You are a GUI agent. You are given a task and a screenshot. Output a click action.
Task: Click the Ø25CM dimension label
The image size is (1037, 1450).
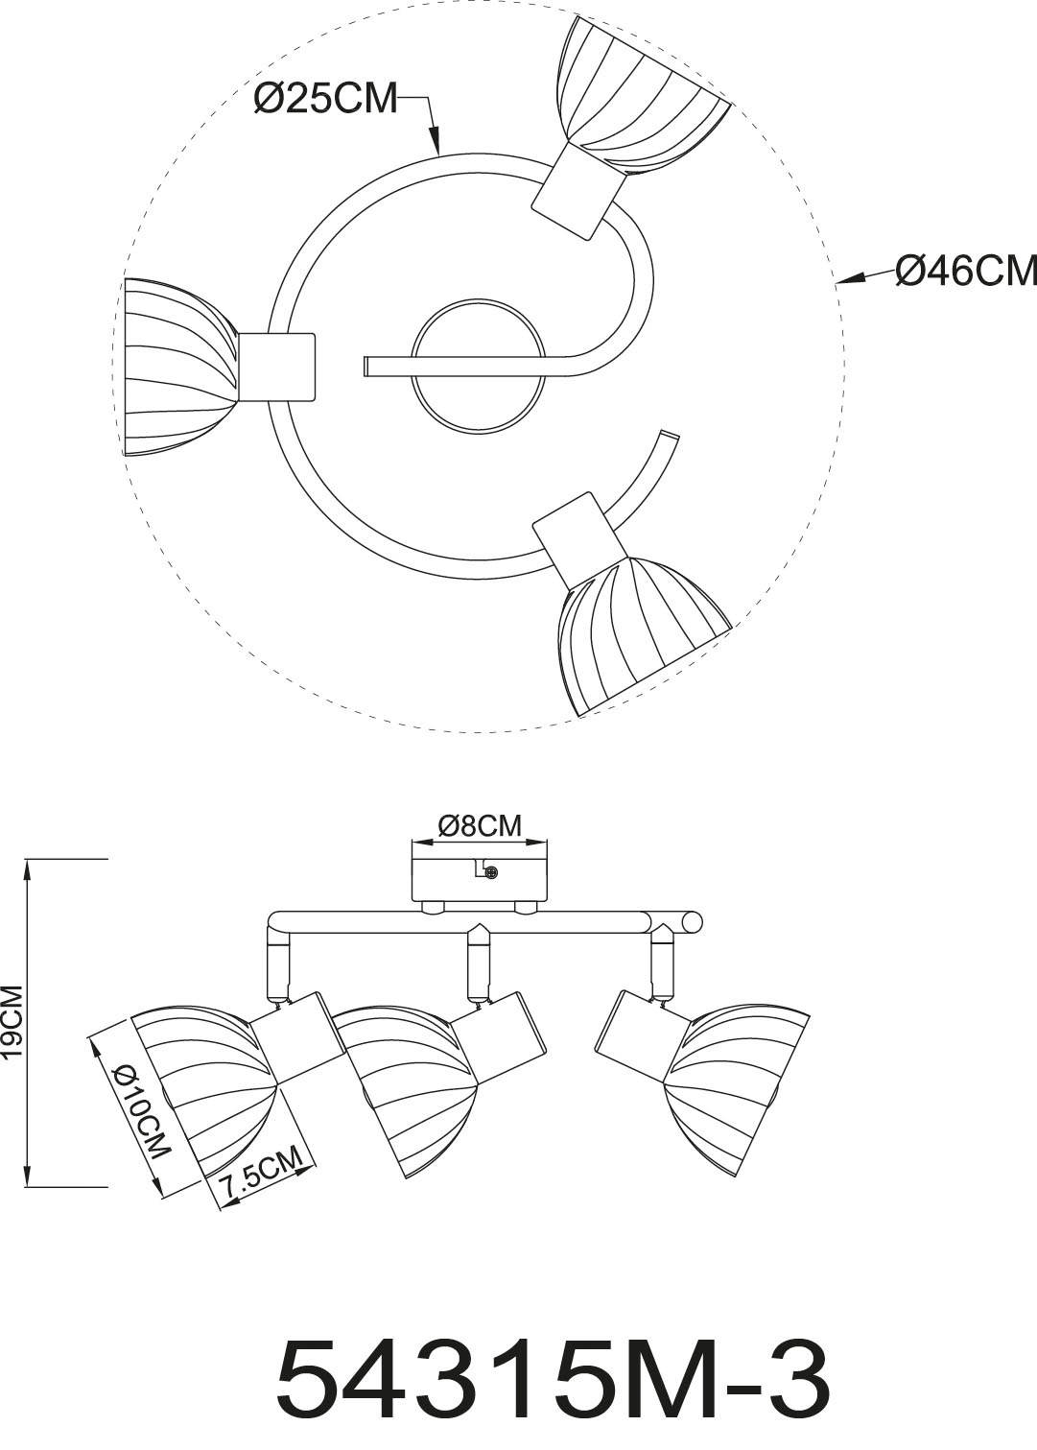coord(325,99)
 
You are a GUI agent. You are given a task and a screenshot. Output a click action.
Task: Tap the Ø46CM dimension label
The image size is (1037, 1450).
coord(965,272)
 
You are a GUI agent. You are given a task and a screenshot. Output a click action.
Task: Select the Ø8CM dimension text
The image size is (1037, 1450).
coord(479,825)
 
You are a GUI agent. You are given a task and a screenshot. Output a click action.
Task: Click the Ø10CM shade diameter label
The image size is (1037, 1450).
coord(138,1112)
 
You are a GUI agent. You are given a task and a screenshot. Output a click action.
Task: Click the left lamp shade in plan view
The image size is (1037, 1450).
coord(177,356)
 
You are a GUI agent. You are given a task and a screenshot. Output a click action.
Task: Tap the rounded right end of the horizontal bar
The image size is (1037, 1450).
coord(691,922)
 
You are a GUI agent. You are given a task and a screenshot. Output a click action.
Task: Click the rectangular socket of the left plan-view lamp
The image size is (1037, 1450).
coord(276,367)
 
